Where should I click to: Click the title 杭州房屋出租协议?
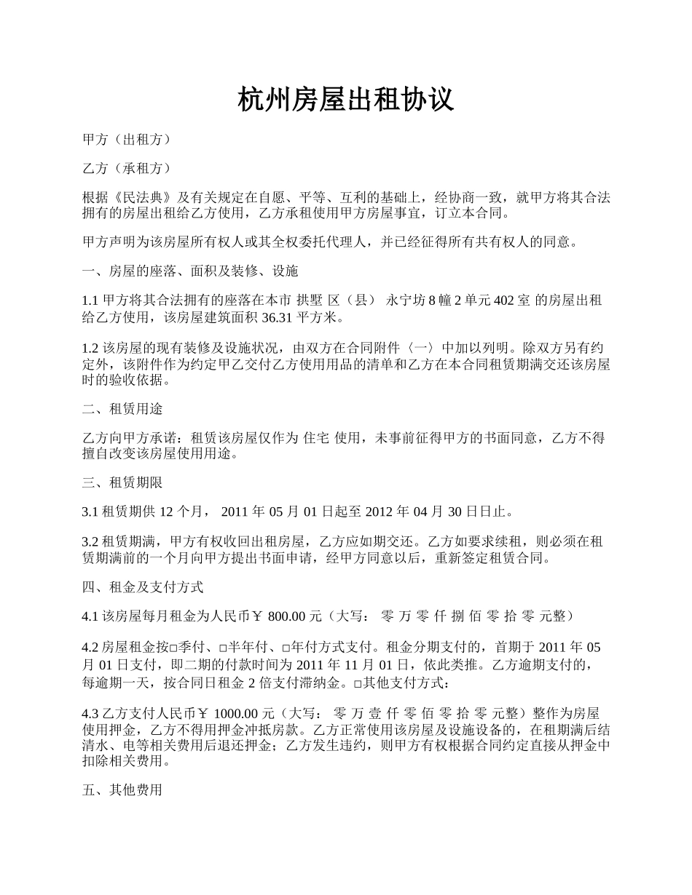[x=346, y=100]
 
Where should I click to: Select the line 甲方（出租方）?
[x=127, y=139]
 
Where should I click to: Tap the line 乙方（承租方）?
[x=127, y=168]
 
